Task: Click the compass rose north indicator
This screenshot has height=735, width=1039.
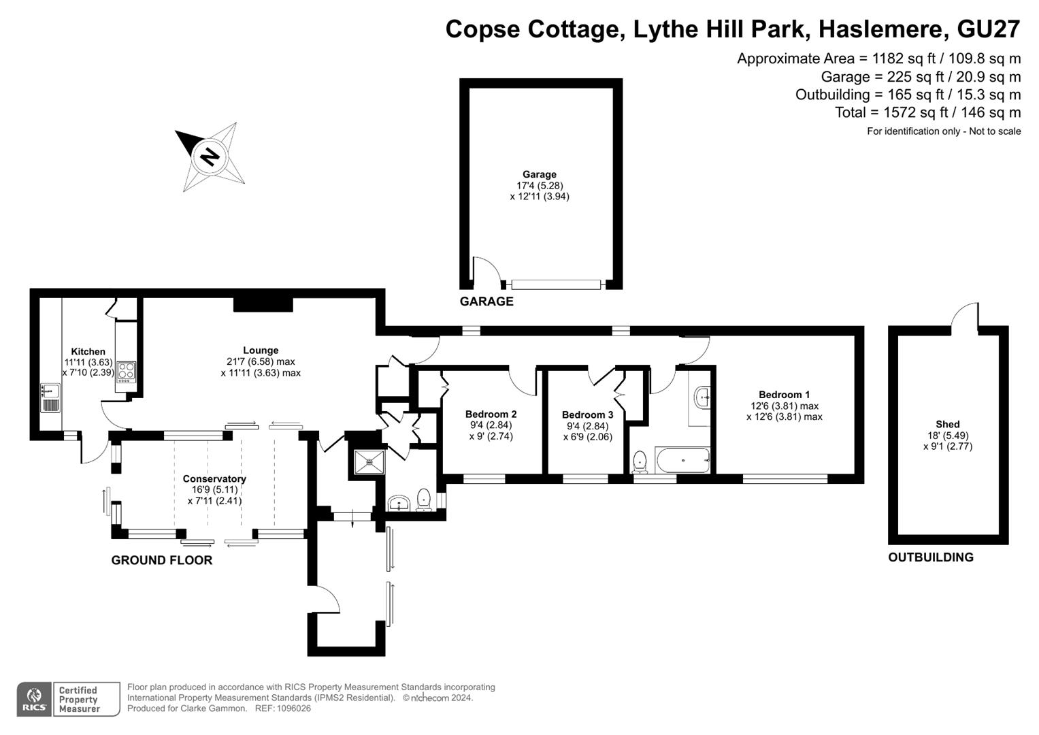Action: [210, 157]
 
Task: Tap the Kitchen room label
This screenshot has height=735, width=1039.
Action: [88, 352]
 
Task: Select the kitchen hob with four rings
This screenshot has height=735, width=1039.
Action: [126, 372]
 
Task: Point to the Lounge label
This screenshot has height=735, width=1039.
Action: [261, 350]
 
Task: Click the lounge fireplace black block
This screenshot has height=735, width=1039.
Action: [263, 304]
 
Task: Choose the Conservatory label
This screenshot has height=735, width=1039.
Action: [214, 478]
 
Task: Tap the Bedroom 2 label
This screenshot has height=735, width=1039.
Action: [491, 414]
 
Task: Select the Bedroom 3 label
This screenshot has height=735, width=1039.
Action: [587, 414]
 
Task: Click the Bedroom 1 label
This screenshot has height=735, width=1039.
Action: [784, 395]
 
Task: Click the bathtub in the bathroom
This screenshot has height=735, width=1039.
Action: [682, 461]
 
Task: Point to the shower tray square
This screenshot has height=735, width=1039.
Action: [369, 461]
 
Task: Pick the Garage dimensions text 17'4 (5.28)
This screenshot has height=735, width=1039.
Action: [539, 186]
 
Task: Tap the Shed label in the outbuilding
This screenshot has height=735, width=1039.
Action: [947, 424]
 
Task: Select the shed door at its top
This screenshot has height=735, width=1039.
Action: [965, 315]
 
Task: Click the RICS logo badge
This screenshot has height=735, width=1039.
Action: [34, 699]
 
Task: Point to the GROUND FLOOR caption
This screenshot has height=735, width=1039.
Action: [162, 560]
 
